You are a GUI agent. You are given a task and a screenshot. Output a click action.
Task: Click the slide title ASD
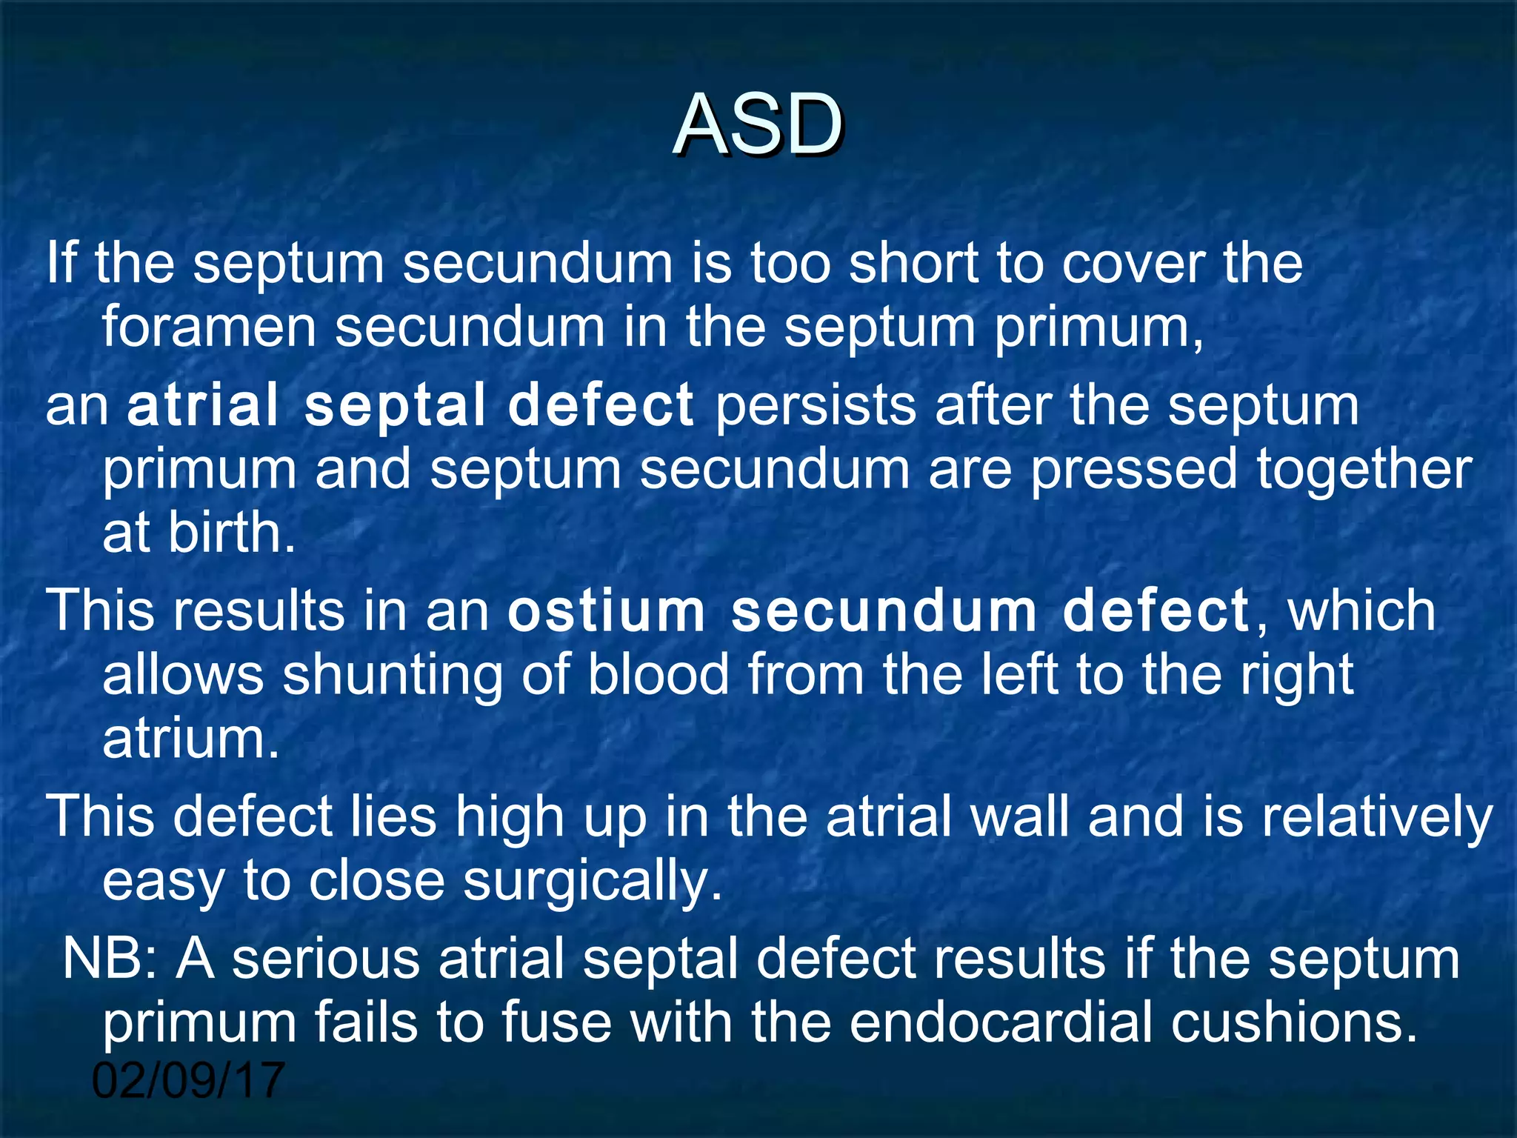click(758, 126)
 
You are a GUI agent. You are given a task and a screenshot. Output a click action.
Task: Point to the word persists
click(816, 406)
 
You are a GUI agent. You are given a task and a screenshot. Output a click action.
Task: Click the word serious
click(326, 959)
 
